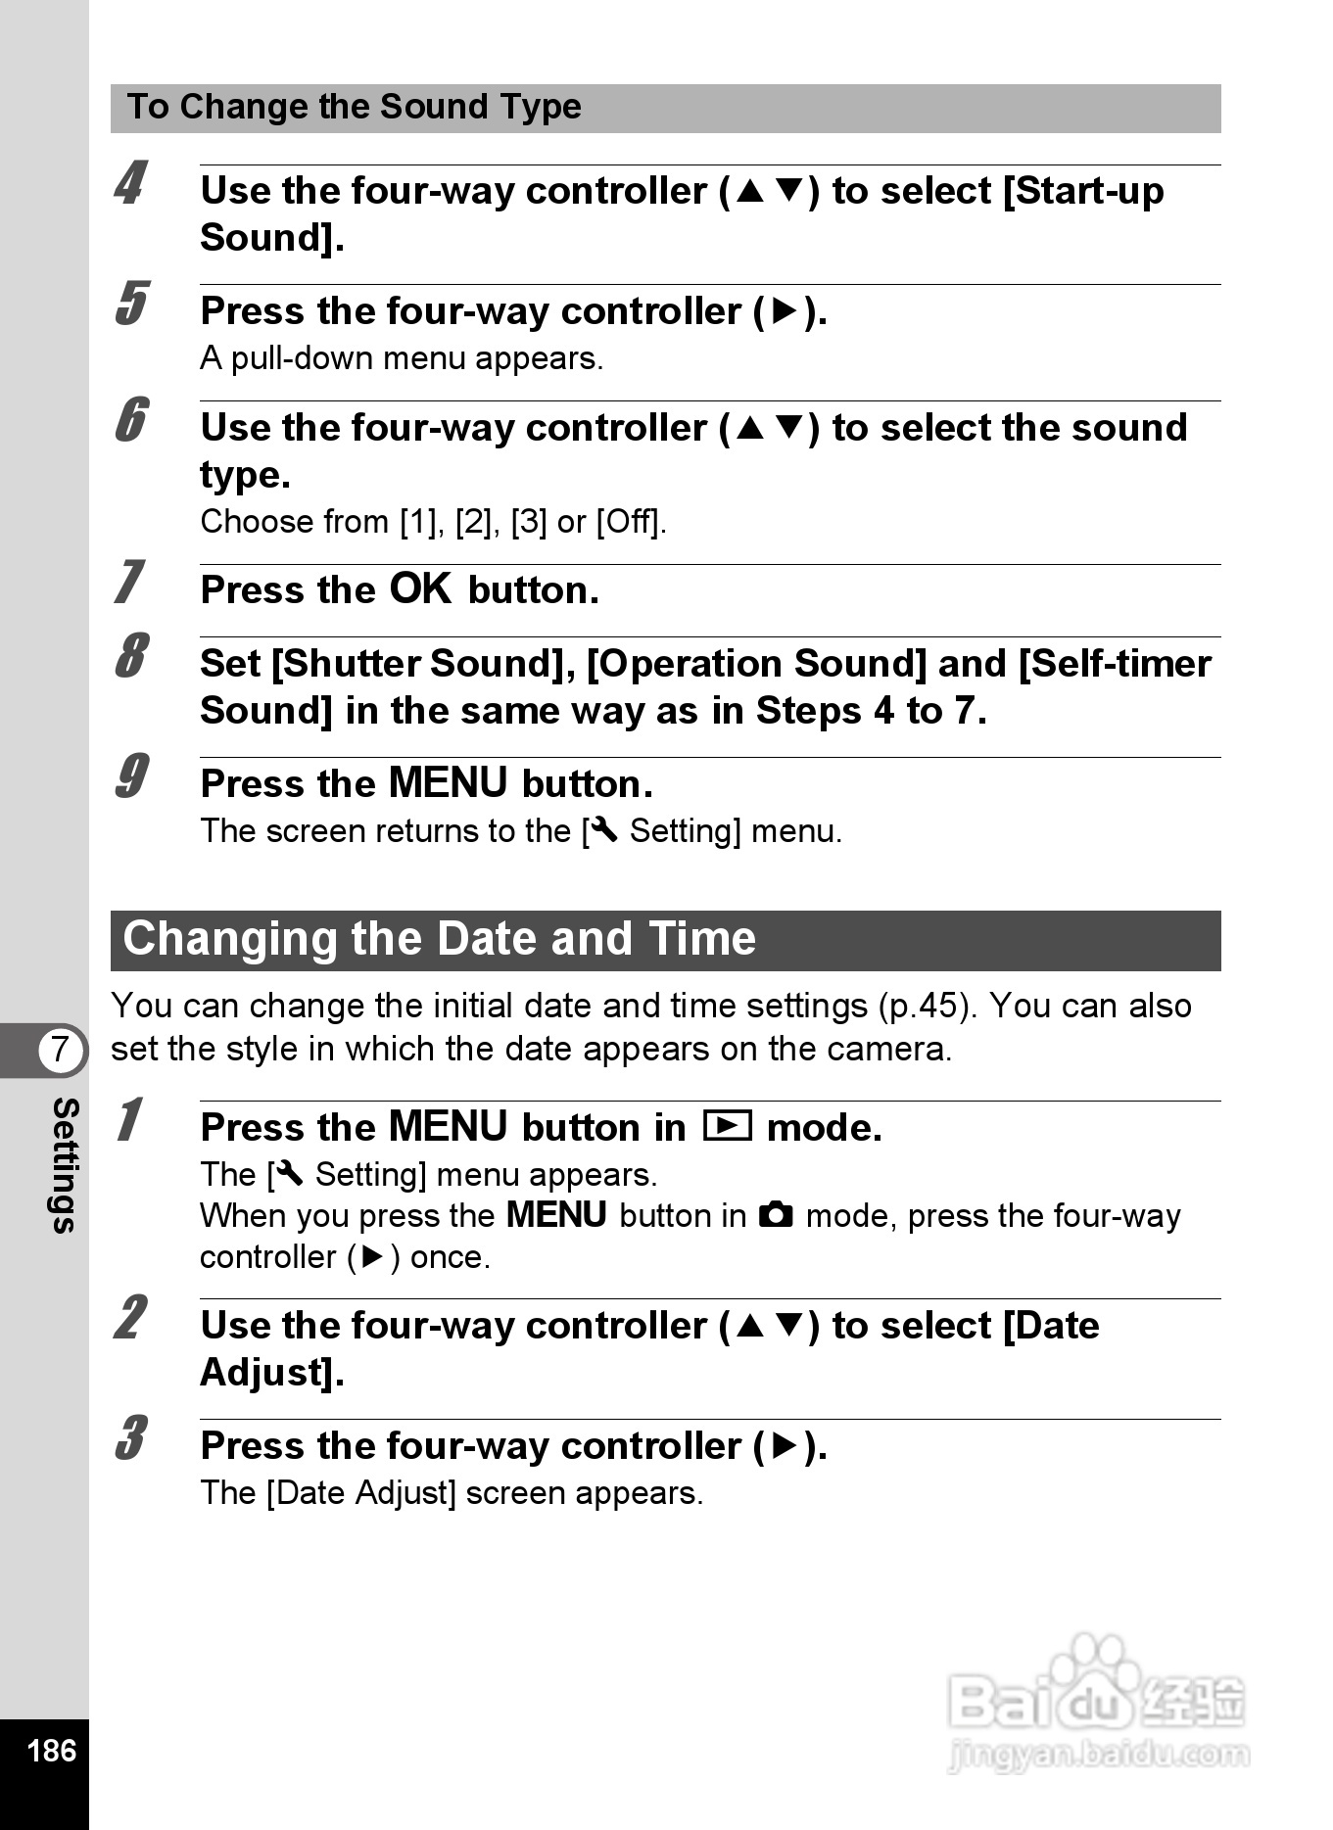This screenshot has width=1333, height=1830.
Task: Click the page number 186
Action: [51, 1750]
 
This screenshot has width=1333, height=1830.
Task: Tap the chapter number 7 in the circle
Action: [61, 1049]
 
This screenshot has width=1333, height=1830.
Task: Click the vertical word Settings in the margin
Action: [64, 1165]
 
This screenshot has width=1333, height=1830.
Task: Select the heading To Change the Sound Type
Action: [354, 107]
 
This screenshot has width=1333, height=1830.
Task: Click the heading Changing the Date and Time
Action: [439, 939]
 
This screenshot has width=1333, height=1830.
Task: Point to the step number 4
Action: [130, 183]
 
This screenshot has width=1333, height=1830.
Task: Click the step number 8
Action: [131, 656]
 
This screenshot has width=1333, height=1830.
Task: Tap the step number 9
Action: [131, 776]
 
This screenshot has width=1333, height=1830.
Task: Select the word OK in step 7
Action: [420, 589]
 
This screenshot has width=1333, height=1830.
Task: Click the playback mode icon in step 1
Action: [727, 1127]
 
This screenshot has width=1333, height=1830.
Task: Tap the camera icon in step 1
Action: [776, 1215]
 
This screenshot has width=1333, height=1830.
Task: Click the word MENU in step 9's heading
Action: [448, 783]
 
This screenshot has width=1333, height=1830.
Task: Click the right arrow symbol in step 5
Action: [786, 311]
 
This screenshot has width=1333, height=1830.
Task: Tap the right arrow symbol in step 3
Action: [786, 1446]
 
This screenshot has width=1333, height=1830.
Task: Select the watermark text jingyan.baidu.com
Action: [1098, 1755]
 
